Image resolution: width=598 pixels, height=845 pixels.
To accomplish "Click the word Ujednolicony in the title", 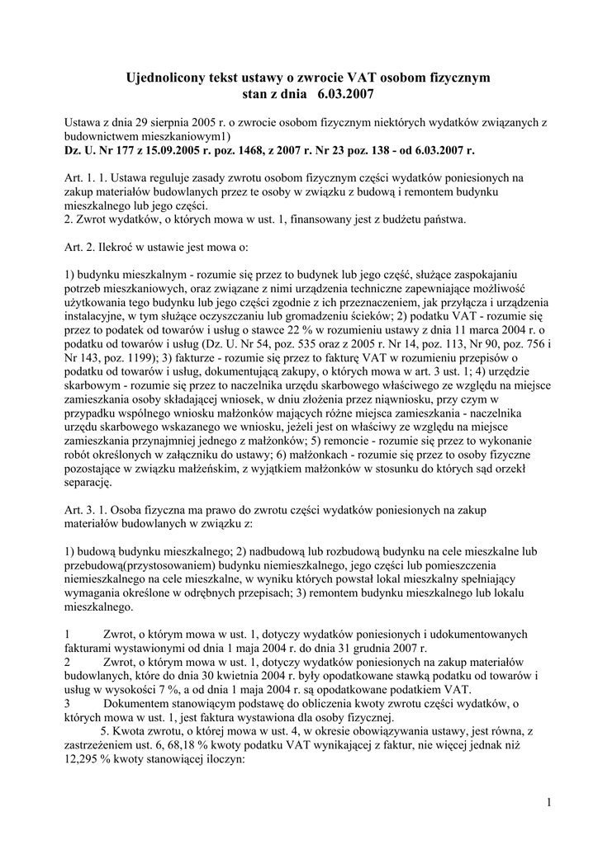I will (x=164, y=78).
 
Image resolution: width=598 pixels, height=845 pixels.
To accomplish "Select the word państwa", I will (x=446, y=219).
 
